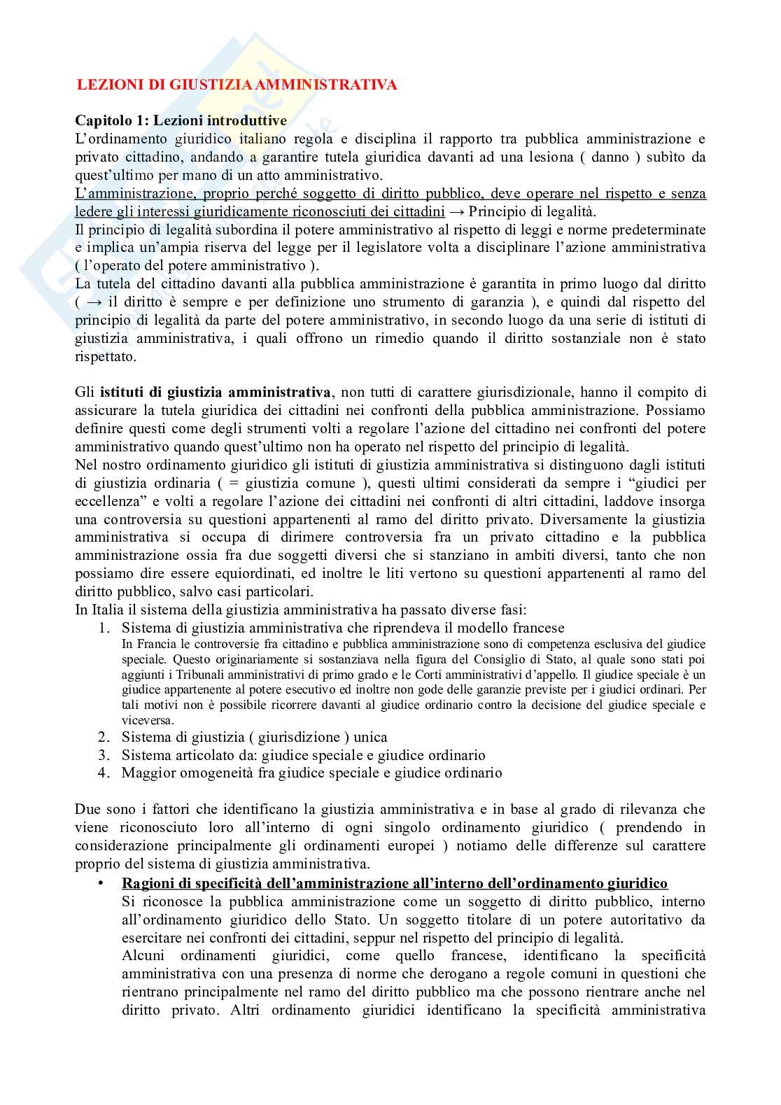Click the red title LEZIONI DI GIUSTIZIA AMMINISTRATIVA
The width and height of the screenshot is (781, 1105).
pos(237,85)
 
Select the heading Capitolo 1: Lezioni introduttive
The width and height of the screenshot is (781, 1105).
pos(181,121)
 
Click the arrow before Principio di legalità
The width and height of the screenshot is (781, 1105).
pos(456,212)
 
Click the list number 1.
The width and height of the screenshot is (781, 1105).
pos(104,628)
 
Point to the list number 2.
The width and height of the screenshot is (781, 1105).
pos(104,737)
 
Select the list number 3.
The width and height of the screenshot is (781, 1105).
pos(104,755)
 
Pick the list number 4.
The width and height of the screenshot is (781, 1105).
pos(104,773)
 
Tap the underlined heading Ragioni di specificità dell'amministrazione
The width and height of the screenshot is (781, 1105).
pos(395,883)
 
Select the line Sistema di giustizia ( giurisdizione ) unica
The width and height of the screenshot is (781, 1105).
pos(254,737)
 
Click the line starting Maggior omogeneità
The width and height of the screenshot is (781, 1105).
pos(311,773)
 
